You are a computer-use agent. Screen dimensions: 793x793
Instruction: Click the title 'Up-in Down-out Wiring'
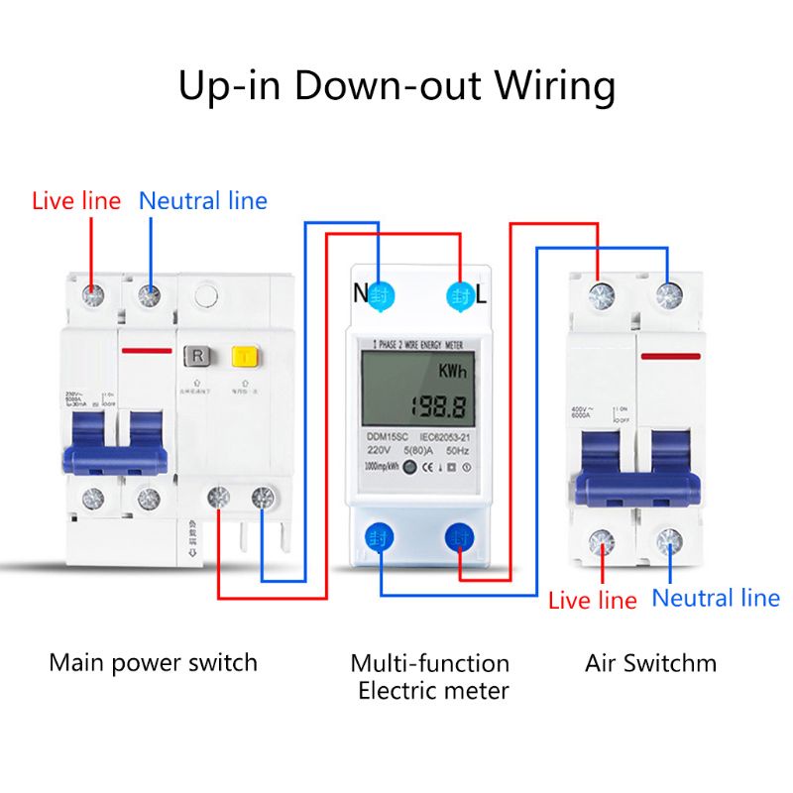click(396, 86)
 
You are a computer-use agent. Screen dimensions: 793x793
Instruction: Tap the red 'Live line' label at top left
click(76, 201)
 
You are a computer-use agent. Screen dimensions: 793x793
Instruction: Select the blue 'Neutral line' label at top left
click(203, 201)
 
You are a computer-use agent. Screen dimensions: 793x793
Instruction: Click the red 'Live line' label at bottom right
click(593, 600)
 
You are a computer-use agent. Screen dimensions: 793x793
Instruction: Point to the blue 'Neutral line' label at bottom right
click(716, 598)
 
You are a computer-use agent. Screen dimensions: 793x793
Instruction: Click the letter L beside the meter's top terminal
click(483, 294)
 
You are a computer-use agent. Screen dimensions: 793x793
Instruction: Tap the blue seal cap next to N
click(383, 293)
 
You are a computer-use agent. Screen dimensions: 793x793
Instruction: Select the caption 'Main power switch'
click(153, 662)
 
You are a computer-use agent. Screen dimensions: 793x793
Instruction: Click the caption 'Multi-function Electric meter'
click(430, 676)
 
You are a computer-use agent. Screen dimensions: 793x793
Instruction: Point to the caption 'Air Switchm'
click(650, 662)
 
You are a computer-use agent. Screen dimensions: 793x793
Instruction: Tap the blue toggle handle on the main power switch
click(113, 459)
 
